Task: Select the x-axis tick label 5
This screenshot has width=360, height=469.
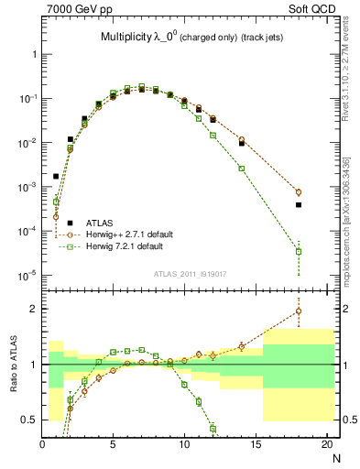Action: (114, 445)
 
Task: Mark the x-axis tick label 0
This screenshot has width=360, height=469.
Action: (43, 445)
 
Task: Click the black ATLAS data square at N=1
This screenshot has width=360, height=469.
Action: (57, 176)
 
